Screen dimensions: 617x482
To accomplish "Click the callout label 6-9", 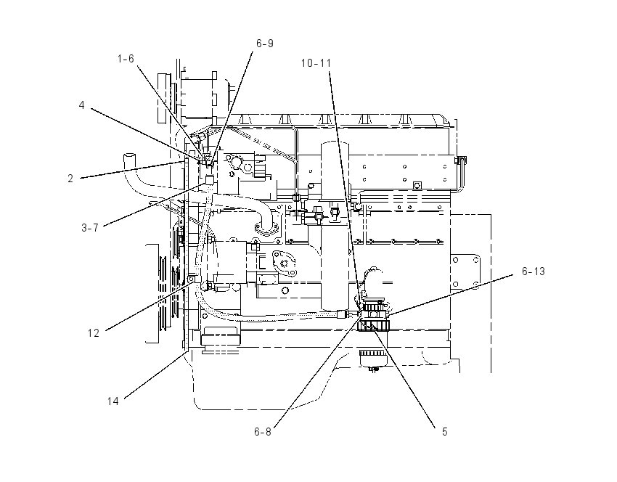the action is (x=264, y=44).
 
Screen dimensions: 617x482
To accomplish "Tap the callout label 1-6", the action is (x=126, y=59).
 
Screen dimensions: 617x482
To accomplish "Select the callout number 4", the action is (x=81, y=105).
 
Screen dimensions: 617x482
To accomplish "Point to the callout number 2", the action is (x=70, y=179).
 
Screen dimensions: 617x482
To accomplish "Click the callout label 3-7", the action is (x=90, y=227).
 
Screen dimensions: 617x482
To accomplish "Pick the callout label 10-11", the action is (x=316, y=63).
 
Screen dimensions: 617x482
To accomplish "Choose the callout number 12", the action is (x=93, y=333).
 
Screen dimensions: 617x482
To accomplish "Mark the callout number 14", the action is (x=113, y=401).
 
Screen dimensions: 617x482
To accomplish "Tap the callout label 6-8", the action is (x=263, y=432).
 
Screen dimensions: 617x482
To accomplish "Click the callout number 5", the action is (x=445, y=432).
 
